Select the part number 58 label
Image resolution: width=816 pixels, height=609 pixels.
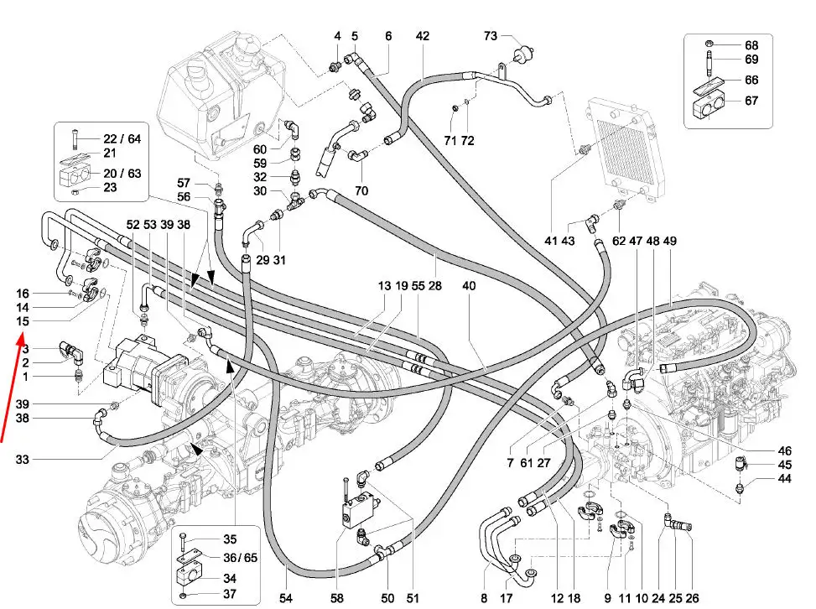337,597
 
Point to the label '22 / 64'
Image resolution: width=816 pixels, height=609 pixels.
122,138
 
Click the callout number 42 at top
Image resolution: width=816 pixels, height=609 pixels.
422,36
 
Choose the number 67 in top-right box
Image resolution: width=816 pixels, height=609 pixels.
751,101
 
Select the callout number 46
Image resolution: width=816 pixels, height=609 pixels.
784,450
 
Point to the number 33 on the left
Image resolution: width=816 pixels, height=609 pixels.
23,459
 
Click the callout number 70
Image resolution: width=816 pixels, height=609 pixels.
361,190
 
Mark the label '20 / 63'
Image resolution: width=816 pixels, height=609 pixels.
121,174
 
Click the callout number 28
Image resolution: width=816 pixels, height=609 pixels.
435,286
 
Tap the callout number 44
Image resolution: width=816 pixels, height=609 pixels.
784,479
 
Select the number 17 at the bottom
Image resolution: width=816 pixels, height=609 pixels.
507,597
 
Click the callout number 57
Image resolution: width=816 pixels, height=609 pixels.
184,182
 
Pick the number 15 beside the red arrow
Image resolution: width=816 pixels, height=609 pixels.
23,321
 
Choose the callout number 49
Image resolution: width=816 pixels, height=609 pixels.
669,241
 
